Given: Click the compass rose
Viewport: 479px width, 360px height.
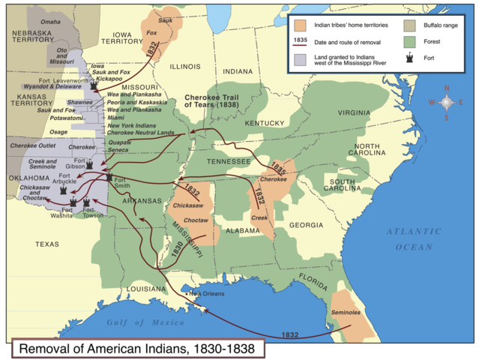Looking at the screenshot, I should pos(446,102).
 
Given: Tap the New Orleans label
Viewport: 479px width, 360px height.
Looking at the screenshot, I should pos(207,294).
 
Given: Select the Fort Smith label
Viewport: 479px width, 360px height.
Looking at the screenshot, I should pos(123,184).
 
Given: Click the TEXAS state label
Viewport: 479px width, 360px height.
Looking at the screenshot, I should pos(47,244).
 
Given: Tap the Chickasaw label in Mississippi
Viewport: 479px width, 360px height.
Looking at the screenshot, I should pos(187,204).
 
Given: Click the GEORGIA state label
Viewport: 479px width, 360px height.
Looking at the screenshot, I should pos(306,224).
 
